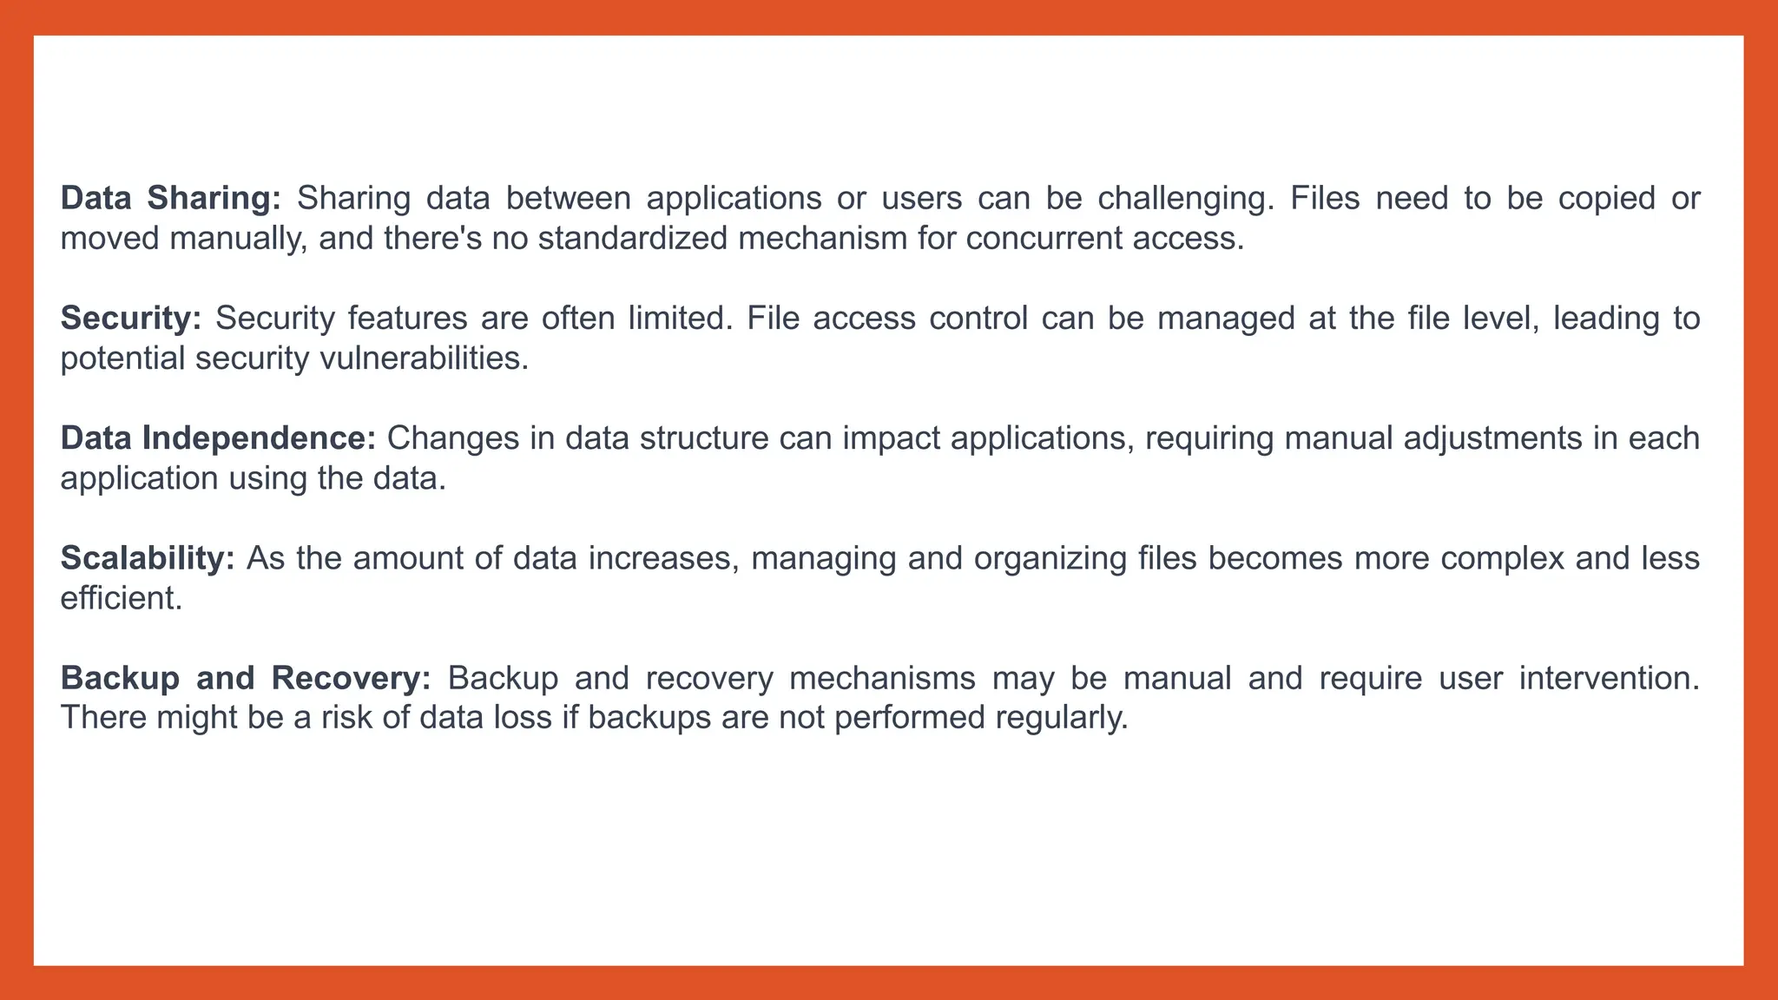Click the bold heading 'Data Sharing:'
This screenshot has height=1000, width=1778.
pos(170,199)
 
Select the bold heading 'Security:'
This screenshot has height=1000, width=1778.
pos(130,319)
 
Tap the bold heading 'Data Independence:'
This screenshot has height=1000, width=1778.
pos(218,438)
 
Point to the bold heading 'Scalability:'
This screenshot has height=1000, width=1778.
pos(148,558)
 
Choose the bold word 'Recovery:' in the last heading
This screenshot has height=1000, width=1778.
pos(351,678)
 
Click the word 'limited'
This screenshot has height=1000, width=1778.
pos(677,319)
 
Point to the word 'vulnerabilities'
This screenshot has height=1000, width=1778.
pos(424,359)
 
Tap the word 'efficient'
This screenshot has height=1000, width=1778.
pos(120,598)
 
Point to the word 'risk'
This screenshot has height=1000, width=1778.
pos(346,718)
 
